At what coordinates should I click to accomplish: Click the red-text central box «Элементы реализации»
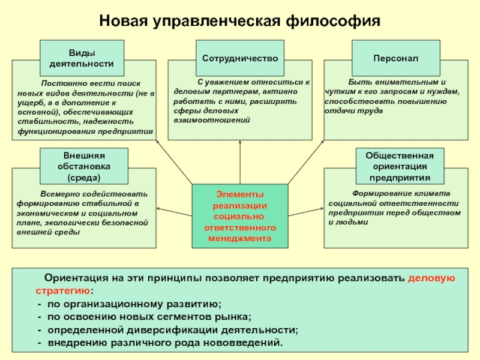[x=239, y=216]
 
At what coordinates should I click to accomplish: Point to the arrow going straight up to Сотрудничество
[x=239, y=162]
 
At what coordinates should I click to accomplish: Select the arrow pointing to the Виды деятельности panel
[x=174, y=162]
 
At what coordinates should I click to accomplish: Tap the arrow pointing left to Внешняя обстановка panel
[x=174, y=210]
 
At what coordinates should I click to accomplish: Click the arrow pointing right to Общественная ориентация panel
[x=305, y=210]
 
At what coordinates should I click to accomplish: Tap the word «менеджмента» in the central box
[x=239, y=238]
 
